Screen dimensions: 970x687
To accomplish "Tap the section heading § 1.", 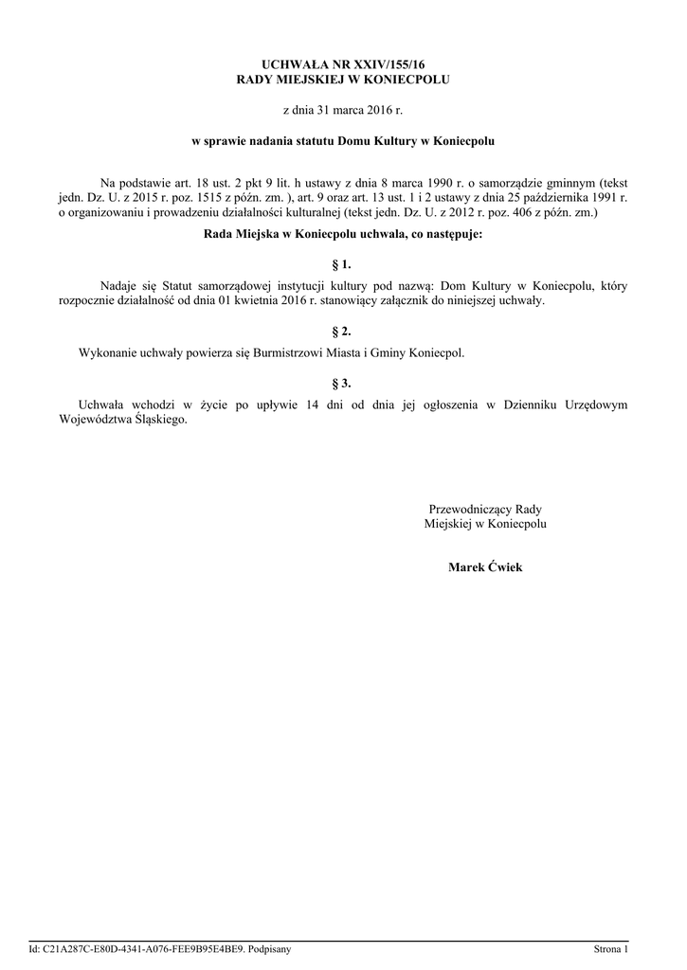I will tap(343, 264).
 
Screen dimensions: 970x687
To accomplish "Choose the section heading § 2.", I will tap(343, 332).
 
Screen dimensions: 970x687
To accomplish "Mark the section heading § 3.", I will tap(343, 385).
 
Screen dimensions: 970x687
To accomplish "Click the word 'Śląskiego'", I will tap(156, 421).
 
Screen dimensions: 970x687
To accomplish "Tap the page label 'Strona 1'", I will tap(610, 948).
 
